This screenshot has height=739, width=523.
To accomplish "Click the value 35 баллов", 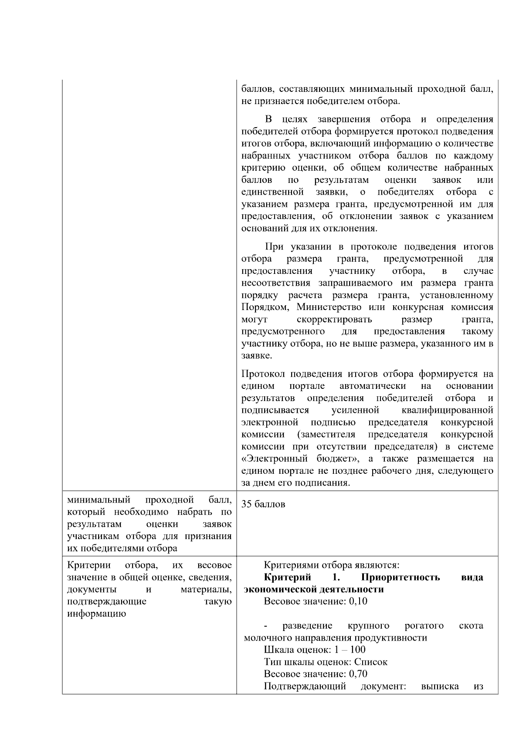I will [x=263, y=504].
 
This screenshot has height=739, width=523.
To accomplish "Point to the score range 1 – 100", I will [x=350, y=650].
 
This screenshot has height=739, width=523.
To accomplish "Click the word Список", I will [x=370, y=662].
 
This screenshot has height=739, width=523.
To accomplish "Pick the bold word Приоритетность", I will [x=400, y=577].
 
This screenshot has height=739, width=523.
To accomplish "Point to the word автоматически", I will [x=373, y=386].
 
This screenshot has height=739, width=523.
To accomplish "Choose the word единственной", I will [x=272, y=192].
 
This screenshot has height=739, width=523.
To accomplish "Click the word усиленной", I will [x=355, y=410].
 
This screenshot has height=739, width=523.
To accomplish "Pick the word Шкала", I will [x=278, y=650].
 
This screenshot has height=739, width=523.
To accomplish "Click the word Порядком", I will [x=265, y=307].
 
